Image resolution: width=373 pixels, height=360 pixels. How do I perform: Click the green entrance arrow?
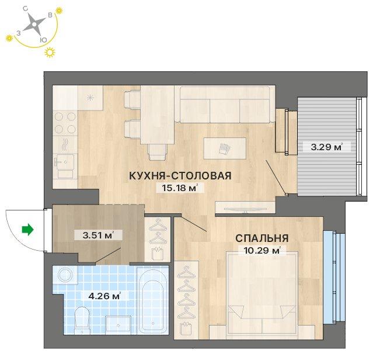[x=27, y=230]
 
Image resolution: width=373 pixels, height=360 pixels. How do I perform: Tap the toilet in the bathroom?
[x=82, y=320]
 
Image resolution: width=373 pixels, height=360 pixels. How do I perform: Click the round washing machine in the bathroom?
[x=65, y=275]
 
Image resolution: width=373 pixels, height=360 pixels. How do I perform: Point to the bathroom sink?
[x=118, y=324]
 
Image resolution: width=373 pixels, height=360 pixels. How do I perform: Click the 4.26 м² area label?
[x=104, y=296]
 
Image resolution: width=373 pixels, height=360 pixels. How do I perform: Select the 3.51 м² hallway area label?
[x=97, y=236]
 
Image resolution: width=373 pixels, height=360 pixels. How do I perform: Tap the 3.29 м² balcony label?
[x=326, y=147]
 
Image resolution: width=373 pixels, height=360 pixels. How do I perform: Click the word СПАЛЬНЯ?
[x=262, y=238]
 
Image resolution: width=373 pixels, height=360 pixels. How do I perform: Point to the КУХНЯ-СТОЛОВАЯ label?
[x=180, y=175]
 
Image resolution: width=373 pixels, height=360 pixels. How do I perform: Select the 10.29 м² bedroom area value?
[x=262, y=250]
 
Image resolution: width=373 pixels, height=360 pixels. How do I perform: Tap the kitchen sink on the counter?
[x=64, y=162]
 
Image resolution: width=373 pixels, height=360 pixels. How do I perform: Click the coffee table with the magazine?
[x=225, y=148]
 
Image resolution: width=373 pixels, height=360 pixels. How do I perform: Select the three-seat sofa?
[x=225, y=105]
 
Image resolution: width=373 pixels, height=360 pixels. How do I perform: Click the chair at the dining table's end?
[x=157, y=152]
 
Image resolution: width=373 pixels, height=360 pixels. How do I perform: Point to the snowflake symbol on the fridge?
[x=90, y=98]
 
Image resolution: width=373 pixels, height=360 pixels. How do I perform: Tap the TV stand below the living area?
[x=245, y=207]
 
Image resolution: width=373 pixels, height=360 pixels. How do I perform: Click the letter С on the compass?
[x=25, y=9]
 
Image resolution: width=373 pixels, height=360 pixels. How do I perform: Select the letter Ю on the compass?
[x=43, y=40]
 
